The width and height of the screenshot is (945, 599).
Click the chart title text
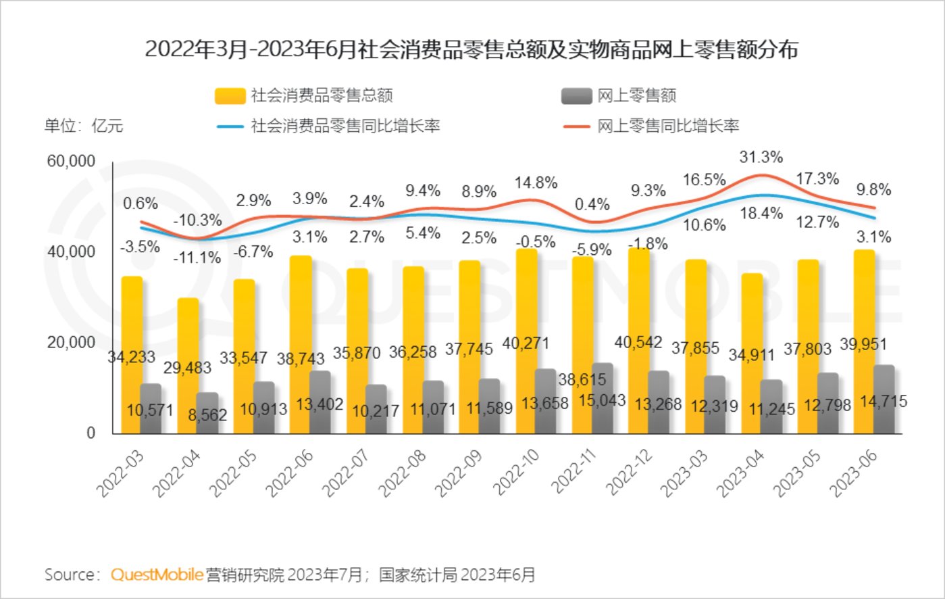pyautogui.click(x=471, y=49)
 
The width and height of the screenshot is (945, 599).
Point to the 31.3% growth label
pyautogui.click(x=761, y=158)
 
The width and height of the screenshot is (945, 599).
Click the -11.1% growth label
pyautogui.click(x=197, y=258)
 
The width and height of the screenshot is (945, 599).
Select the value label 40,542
pyautogui.click(x=638, y=343)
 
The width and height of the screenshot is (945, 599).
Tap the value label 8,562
pyautogui.click(x=207, y=415)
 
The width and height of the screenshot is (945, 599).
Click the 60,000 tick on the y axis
pyautogui.click(x=71, y=162)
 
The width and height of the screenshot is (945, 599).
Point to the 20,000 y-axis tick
pyautogui.click(x=71, y=343)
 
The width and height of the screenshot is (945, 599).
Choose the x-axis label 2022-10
pyautogui.click(x=517, y=472)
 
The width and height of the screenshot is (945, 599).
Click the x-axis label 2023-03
pyautogui.click(x=686, y=472)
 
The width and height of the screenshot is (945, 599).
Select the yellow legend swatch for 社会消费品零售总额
pyautogui.click(x=230, y=96)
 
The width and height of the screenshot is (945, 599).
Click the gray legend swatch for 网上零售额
pyautogui.click(x=576, y=96)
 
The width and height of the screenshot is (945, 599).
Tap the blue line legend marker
pyautogui.click(x=230, y=126)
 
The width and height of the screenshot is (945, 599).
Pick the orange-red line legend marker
pyautogui.click(x=576, y=126)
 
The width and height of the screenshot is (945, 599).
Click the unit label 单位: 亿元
pyautogui.click(x=84, y=126)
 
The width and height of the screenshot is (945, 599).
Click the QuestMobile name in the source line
pyautogui.click(x=157, y=575)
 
